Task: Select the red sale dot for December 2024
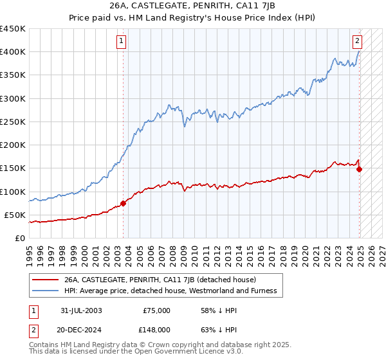coord(359,169)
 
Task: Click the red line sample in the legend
coord(45,280)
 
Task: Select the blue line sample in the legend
coord(45,291)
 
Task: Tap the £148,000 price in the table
coord(156,329)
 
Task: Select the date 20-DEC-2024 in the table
coord(78,329)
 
